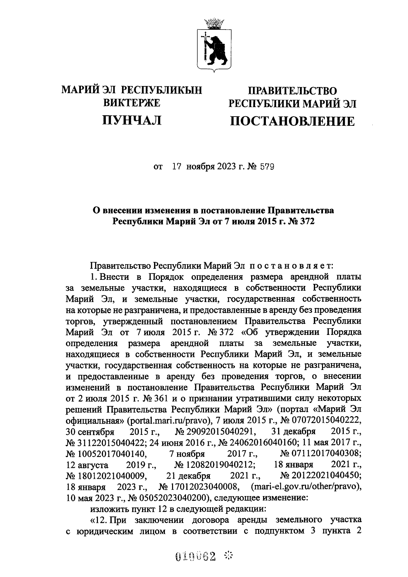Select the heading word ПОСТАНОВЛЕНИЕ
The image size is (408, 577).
pos(292,121)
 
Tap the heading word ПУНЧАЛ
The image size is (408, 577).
pos(132,120)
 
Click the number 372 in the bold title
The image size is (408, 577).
pos(306,222)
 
